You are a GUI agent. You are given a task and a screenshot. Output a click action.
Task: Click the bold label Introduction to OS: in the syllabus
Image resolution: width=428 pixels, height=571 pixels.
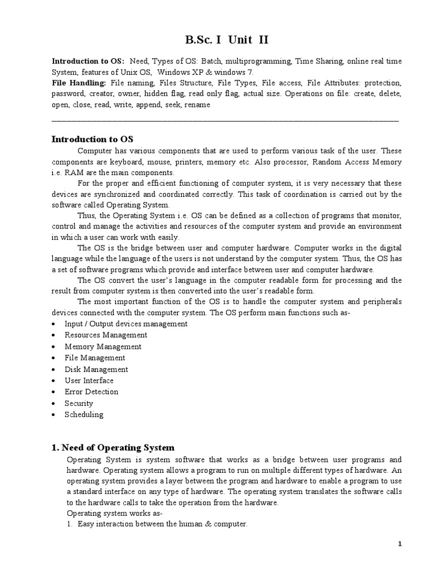pyautogui.click(x=88, y=61)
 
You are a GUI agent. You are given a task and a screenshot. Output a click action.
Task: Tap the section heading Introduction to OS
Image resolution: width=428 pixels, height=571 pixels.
pyautogui.click(x=93, y=139)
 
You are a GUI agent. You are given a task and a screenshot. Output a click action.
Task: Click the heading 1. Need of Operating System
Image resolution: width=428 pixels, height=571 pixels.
pyautogui.click(x=113, y=447)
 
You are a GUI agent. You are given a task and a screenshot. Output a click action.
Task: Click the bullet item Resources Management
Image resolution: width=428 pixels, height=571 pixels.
pyautogui.click(x=106, y=335)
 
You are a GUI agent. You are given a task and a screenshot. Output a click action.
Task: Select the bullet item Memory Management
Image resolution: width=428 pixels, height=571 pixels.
pyautogui.click(x=103, y=346)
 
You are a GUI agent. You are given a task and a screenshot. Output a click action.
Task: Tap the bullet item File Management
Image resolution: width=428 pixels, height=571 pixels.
pyautogui.click(x=95, y=358)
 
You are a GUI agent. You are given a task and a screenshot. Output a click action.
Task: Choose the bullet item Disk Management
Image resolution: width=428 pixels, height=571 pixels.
pyautogui.click(x=96, y=369)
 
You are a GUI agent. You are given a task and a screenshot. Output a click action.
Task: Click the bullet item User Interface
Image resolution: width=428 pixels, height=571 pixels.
pyautogui.click(x=89, y=380)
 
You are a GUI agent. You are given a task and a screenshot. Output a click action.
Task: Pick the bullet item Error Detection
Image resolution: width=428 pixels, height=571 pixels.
pyautogui.click(x=91, y=391)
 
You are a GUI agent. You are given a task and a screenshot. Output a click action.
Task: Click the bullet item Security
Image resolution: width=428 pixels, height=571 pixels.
pyautogui.click(x=79, y=403)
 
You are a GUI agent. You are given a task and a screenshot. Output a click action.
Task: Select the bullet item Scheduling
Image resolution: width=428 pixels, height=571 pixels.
pyautogui.click(x=84, y=414)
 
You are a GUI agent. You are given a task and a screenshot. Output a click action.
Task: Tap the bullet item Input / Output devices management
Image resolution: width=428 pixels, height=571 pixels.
pyautogui.click(x=126, y=323)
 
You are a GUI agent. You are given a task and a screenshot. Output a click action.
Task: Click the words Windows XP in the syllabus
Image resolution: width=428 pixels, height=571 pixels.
pyautogui.click(x=180, y=72)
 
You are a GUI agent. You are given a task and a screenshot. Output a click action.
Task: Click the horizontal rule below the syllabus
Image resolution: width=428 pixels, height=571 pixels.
pyautogui.click(x=225, y=120)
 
